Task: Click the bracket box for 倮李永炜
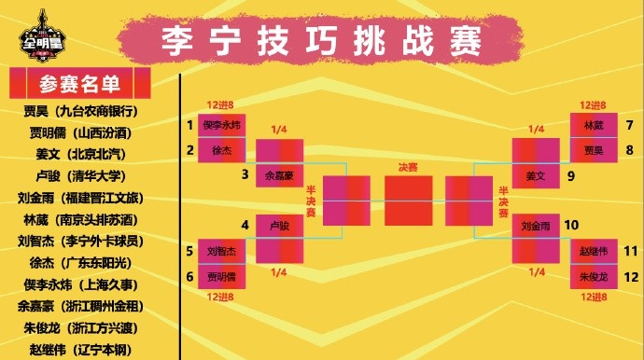(222, 125)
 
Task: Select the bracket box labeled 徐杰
(222, 149)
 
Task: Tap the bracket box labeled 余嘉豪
(279, 173)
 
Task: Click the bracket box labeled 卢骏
(279, 226)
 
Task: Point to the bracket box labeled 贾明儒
(222, 276)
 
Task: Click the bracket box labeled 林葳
(594, 125)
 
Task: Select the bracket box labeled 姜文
(536, 174)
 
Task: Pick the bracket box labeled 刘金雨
(536, 226)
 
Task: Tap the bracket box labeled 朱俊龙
(594, 276)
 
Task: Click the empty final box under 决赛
(408, 200)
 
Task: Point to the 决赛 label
(408, 167)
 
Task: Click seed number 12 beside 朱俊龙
(630, 276)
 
